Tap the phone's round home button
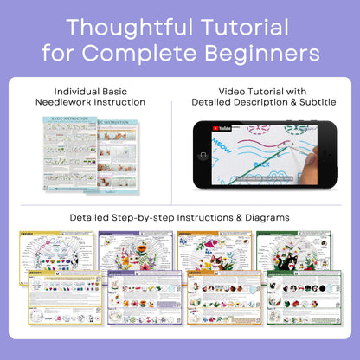point(203,157)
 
